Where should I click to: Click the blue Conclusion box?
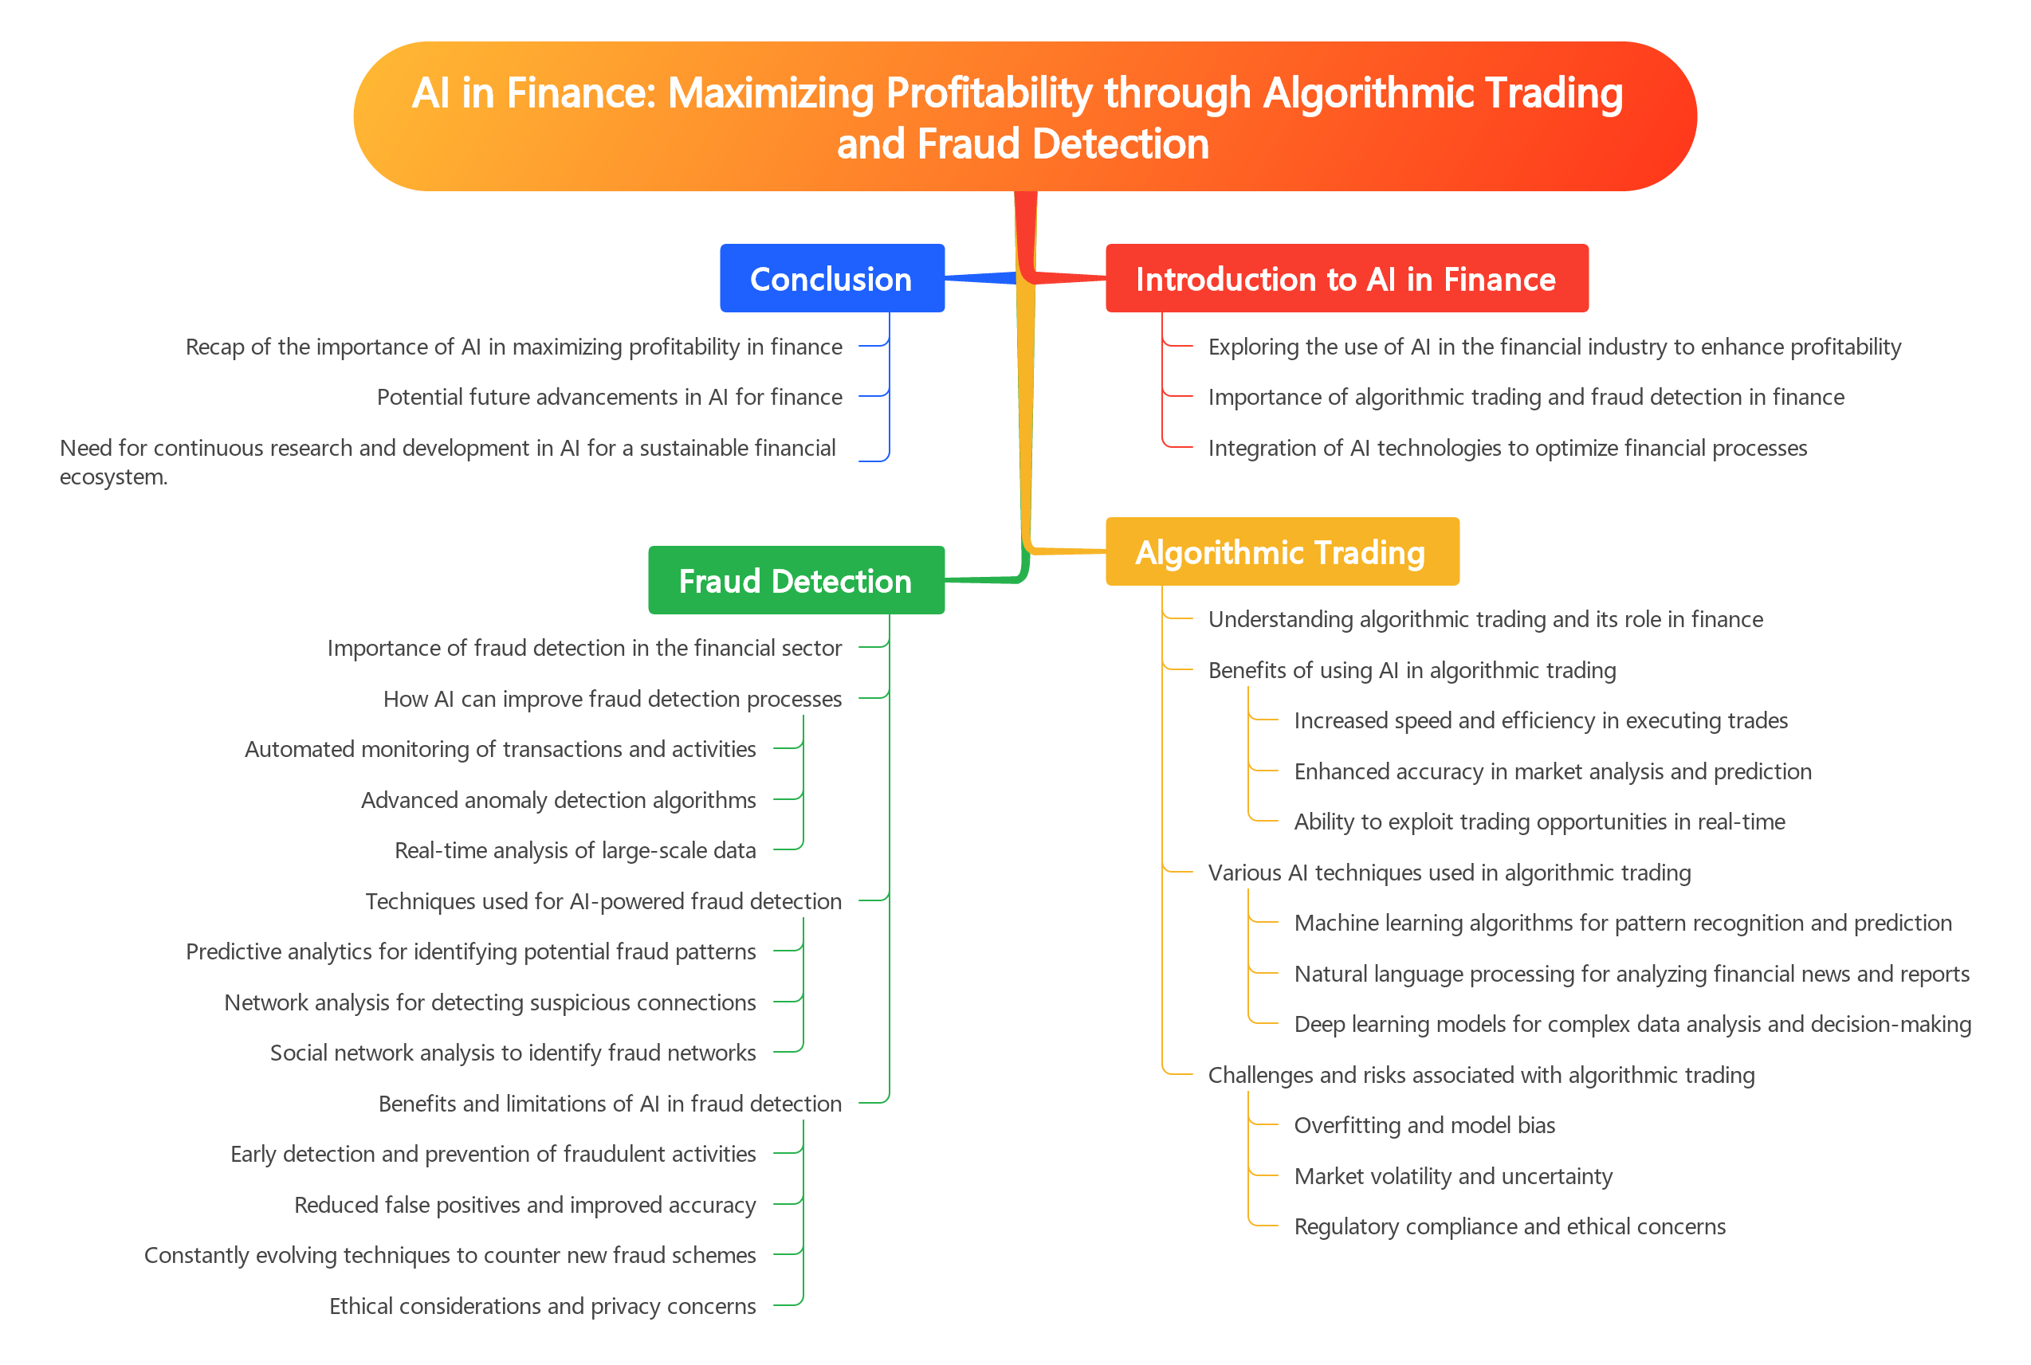pyautogui.click(x=831, y=279)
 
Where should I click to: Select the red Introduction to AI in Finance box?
pyautogui.click(x=1345, y=279)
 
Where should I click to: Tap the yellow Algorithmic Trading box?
pyautogui.click(x=1281, y=552)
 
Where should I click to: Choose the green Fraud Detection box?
pyautogui.click(x=796, y=581)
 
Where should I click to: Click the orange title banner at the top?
pyautogui.click(x=1023, y=116)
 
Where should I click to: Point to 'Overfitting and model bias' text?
pyautogui.click(x=1424, y=1126)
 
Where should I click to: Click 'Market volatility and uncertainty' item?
pyautogui.click(x=1453, y=1176)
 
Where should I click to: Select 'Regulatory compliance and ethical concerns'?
pyautogui.click(x=1510, y=1226)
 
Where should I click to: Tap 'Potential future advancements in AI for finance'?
pyautogui.click(x=610, y=397)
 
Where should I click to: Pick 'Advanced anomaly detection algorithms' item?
pyautogui.click(x=558, y=800)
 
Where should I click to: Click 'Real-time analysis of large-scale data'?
pyautogui.click(x=575, y=850)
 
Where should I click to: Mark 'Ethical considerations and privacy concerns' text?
pyautogui.click(x=542, y=1306)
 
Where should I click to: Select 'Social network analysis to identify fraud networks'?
pyautogui.click(x=513, y=1053)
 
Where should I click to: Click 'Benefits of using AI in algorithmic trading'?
pyautogui.click(x=1411, y=670)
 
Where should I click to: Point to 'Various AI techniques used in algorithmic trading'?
pyautogui.click(x=1449, y=873)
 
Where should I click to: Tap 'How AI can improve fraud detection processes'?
pyautogui.click(x=612, y=699)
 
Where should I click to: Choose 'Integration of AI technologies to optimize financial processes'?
pyautogui.click(x=1508, y=449)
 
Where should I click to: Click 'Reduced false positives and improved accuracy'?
pyautogui.click(x=525, y=1205)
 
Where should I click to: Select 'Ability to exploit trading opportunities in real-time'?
pyautogui.click(x=1539, y=822)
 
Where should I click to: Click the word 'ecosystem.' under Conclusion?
pyautogui.click(x=113, y=477)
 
